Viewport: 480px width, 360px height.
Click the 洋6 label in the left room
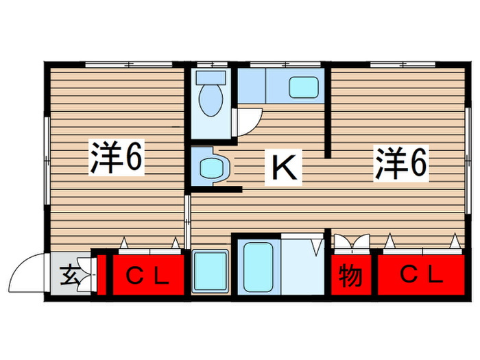point(116,160)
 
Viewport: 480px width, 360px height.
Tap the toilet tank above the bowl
point(208,78)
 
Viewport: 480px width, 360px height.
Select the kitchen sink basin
point(303,86)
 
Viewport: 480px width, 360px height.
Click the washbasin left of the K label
point(209,167)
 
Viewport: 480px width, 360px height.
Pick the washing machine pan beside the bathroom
point(209,272)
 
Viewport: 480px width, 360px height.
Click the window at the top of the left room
point(128,64)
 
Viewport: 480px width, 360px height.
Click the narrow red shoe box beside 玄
point(101,276)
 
